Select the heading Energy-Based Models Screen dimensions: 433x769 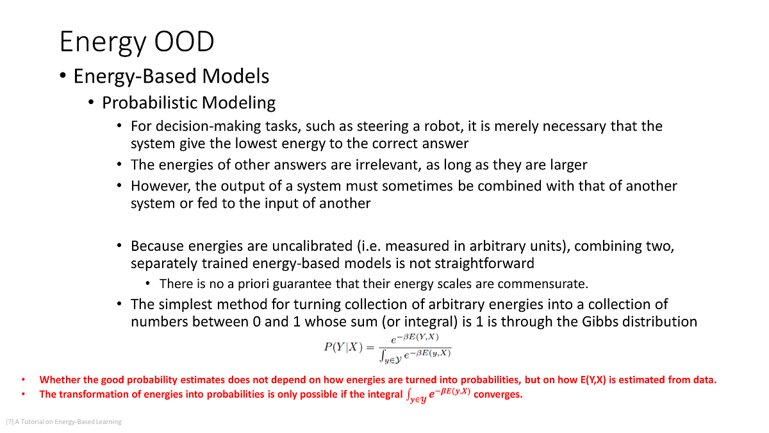(171, 76)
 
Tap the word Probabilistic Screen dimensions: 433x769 (149, 103)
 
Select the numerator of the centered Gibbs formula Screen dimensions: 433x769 (414, 338)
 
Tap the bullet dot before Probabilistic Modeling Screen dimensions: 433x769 (91, 103)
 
